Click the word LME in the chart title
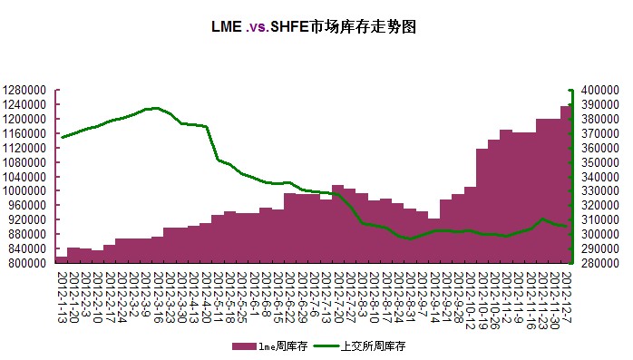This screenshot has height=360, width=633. click(227, 27)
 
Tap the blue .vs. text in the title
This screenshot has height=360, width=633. click(260, 27)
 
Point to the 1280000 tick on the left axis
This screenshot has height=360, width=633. click(27, 91)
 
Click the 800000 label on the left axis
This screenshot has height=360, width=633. click(30, 263)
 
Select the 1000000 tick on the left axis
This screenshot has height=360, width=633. click(27, 191)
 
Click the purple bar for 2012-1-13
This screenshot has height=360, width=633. click(61, 260)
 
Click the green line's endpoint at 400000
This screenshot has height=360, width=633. click(570, 91)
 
